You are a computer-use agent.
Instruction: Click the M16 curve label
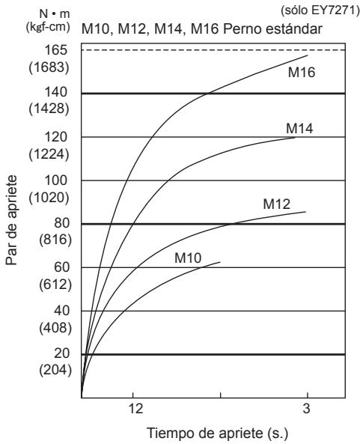click(x=302, y=72)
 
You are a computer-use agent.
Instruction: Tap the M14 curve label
click(x=299, y=128)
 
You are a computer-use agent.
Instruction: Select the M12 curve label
click(x=276, y=204)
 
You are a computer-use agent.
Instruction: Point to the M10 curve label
click(x=188, y=258)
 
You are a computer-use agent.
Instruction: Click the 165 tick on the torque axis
click(x=56, y=50)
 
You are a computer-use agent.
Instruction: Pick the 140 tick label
click(x=56, y=92)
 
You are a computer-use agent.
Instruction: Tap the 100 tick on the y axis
click(x=56, y=180)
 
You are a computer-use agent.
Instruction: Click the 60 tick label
click(x=61, y=267)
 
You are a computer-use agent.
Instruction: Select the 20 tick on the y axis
click(x=61, y=353)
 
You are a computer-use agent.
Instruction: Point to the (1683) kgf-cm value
click(x=49, y=67)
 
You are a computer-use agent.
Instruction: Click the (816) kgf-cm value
click(x=55, y=240)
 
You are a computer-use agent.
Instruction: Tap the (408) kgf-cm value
click(x=55, y=328)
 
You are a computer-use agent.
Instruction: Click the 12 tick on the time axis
click(x=136, y=409)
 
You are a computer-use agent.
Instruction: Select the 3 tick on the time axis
click(x=307, y=409)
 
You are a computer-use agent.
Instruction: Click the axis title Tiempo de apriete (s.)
click(x=217, y=434)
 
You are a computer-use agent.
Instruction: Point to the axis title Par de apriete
click(x=12, y=220)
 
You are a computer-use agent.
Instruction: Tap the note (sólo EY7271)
click(x=320, y=10)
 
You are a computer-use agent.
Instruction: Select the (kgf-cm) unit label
click(x=48, y=27)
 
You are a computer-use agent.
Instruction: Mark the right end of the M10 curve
click(x=220, y=262)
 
